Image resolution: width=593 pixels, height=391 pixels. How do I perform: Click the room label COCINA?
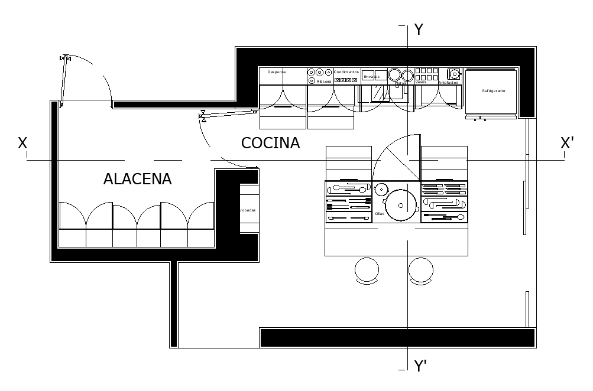270,143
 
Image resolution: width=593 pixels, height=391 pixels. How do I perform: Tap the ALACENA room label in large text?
137,179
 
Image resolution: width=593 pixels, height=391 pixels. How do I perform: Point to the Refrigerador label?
493,91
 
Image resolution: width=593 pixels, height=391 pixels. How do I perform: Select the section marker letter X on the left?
22,143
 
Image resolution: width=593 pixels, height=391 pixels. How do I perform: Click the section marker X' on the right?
567,143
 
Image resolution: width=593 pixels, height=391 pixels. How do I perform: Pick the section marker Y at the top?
419,30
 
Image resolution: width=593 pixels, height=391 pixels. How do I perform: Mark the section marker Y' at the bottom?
420,366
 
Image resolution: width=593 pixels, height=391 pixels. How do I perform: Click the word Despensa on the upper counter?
277,72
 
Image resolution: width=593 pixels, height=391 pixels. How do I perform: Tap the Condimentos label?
346,72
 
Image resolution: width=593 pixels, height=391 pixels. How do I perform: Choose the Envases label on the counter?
371,77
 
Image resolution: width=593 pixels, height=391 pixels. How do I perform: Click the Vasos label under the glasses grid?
420,82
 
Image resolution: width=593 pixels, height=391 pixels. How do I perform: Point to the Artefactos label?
449,83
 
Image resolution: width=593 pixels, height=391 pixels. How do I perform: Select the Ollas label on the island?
380,214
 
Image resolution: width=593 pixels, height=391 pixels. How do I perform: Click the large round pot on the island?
401,205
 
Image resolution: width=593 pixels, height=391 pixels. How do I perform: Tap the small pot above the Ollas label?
380,190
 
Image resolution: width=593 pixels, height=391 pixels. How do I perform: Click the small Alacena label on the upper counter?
324,82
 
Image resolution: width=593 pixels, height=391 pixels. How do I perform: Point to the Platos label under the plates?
400,83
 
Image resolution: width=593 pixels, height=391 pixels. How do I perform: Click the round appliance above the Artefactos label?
454,74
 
